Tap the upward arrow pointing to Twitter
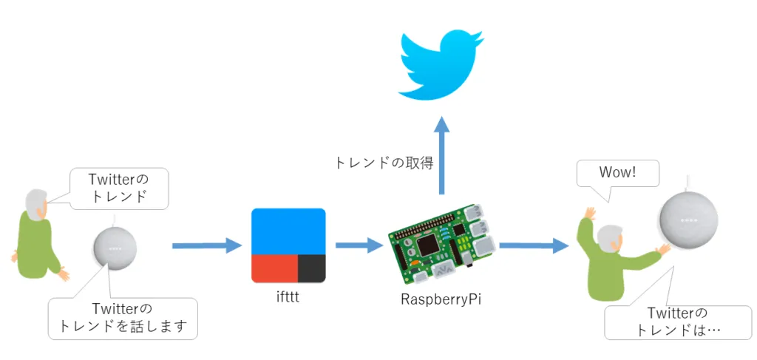click(441, 155)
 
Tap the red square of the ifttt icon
click(274, 268)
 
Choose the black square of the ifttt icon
click(311, 268)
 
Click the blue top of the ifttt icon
click(288, 231)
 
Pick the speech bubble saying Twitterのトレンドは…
click(677, 322)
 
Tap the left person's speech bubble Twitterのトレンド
click(118, 188)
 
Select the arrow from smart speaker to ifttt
click(207, 245)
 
